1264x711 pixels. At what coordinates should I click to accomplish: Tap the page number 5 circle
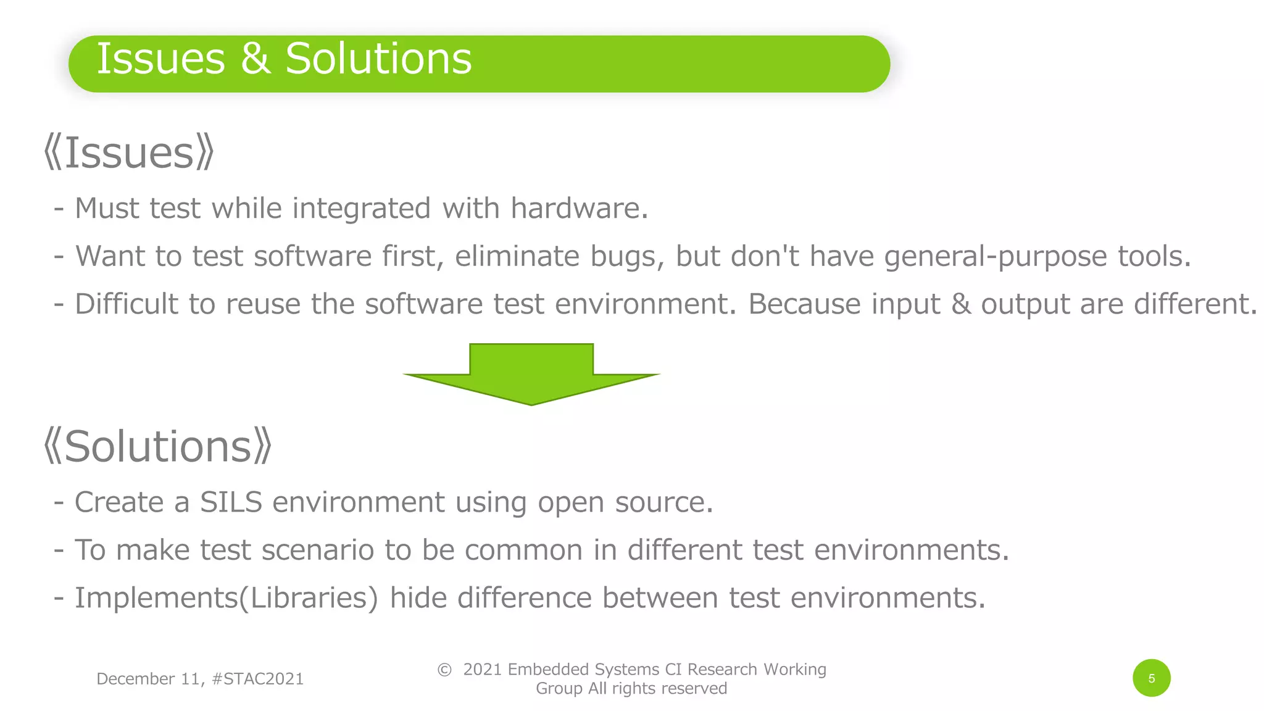(1151, 678)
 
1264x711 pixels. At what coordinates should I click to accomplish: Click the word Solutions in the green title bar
(378, 59)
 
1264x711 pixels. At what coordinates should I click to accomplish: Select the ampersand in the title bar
(255, 59)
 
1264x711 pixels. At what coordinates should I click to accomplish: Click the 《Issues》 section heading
(129, 153)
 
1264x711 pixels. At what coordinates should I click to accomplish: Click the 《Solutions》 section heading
(158, 446)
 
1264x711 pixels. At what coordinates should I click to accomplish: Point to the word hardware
(579, 209)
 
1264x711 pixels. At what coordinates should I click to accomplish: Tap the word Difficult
(126, 304)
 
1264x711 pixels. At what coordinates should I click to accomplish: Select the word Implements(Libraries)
(226, 598)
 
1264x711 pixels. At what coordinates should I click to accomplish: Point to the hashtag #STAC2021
(257, 679)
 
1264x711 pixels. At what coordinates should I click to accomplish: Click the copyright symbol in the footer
(444, 670)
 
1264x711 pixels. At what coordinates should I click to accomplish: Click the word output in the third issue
(1025, 304)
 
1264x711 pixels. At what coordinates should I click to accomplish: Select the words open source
(625, 502)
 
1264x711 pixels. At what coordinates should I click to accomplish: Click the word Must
(106, 209)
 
